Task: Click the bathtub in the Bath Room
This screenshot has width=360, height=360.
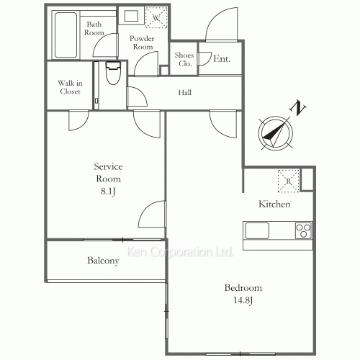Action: point(66,35)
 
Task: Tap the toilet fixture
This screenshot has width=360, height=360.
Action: point(113,73)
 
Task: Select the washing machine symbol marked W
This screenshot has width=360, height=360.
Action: point(156,17)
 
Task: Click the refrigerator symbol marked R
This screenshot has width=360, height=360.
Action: point(289,181)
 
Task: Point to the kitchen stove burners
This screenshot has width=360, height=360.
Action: point(304,230)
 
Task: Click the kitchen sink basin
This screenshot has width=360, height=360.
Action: point(257,230)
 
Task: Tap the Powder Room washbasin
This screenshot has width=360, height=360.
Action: point(131,15)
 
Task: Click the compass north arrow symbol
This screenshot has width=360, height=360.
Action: point(276,133)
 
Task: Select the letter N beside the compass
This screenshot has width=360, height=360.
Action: point(297,108)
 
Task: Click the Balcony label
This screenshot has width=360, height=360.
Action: point(103,261)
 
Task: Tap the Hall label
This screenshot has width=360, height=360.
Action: point(185,92)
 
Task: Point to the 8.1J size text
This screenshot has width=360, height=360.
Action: point(108,192)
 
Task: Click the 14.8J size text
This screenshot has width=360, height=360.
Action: point(243,300)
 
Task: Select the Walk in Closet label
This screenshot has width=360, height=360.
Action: point(70,87)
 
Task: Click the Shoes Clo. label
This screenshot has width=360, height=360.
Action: point(184,59)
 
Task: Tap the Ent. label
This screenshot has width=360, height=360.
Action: point(222,59)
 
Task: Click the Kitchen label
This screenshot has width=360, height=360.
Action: point(274,204)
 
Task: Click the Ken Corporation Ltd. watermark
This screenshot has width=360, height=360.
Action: point(179,252)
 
